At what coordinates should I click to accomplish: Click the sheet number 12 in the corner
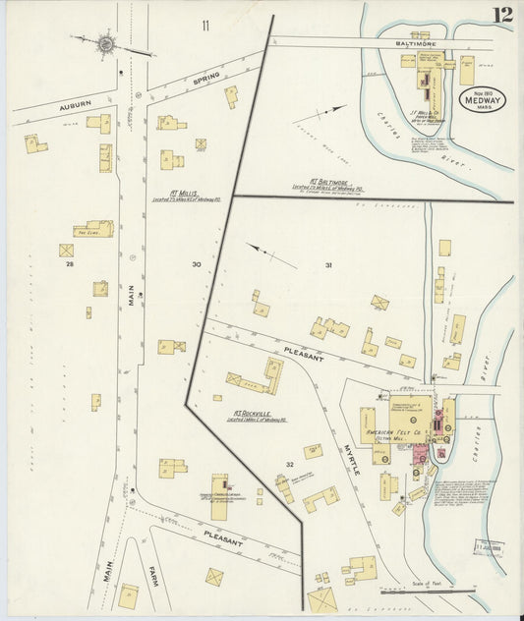pos(503,14)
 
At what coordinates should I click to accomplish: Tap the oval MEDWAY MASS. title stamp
pos(481,99)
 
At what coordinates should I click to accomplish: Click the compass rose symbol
pos(104,43)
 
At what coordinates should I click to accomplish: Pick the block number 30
pos(197,264)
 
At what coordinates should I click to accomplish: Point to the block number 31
pos(329,265)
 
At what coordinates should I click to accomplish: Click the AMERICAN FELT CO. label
pos(394,432)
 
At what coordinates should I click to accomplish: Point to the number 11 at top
pos(205,24)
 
